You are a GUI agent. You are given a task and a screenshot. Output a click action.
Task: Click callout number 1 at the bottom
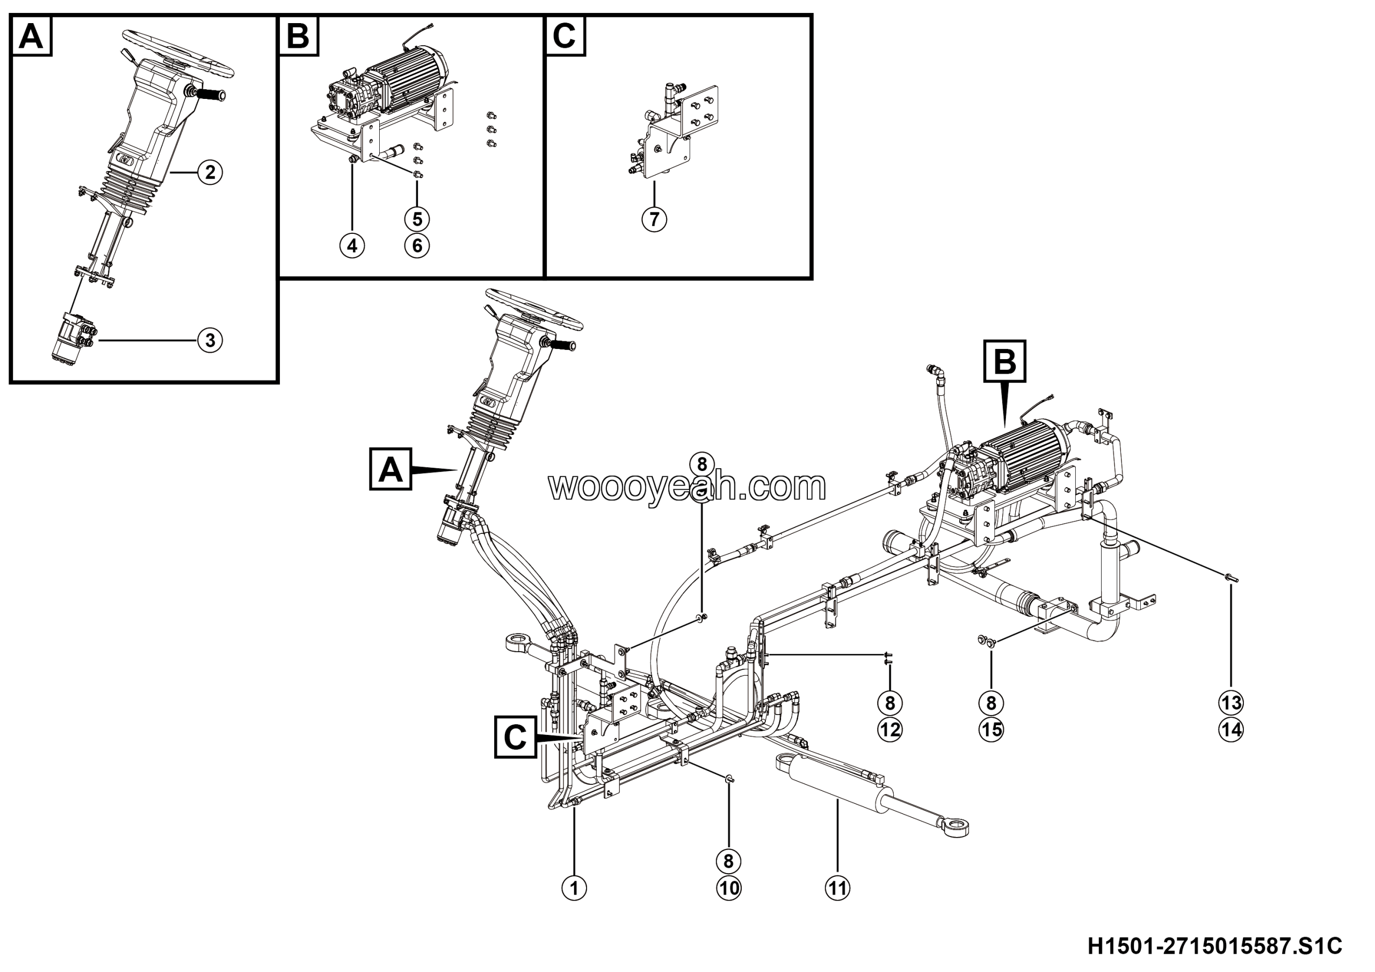coord(574,888)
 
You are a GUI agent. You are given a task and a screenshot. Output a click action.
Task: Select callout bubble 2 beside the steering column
coord(210,173)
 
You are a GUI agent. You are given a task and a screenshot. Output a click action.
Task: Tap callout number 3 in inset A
coord(210,340)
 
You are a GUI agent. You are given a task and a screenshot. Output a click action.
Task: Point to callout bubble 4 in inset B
coord(352,246)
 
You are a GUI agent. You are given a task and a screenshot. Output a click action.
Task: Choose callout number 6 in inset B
coord(417,246)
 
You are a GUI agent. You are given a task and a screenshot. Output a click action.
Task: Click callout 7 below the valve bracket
coord(654,219)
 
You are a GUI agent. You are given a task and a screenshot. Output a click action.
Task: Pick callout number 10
coord(728,888)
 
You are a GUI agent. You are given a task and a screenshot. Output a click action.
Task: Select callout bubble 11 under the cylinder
coord(837,888)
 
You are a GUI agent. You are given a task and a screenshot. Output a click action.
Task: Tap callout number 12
coord(890,730)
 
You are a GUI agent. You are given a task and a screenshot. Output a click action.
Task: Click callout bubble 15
coord(991,730)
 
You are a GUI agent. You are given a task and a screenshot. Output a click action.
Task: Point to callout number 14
coord(1231,730)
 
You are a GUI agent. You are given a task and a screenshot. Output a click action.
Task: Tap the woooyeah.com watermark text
coord(687,487)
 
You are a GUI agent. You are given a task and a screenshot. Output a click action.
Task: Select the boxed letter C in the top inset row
coord(565,36)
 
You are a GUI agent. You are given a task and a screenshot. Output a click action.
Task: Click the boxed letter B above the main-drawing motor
coord(1005,361)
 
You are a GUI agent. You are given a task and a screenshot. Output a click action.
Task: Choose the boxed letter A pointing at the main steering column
coord(390,469)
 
